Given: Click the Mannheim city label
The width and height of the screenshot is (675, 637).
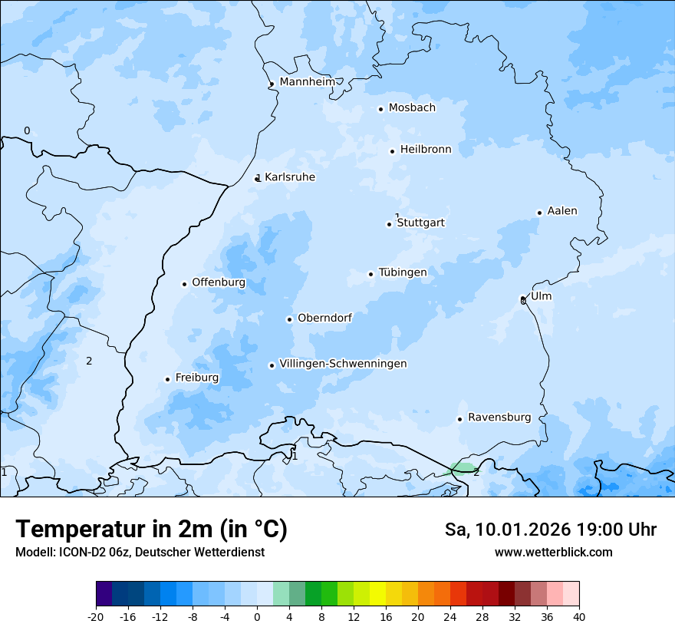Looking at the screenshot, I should [307, 81].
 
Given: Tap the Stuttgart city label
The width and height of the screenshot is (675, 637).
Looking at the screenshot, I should [420, 223].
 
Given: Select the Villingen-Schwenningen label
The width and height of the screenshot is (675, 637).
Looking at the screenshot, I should [343, 364].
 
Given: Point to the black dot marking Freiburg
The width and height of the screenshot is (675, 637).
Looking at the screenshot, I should [167, 379].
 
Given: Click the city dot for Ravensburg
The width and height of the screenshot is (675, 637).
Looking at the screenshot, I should [459, 419].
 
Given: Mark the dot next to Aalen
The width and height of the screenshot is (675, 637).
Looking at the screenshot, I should [539, 213].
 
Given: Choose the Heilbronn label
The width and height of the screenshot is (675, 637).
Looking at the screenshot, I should [426, 150].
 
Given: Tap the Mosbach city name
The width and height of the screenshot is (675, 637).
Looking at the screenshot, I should [412, 108].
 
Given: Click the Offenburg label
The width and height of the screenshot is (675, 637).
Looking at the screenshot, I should [219, 282].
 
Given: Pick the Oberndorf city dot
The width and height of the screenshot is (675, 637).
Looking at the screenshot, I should [289, 319].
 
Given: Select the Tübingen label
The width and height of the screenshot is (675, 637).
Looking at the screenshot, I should [403, 272].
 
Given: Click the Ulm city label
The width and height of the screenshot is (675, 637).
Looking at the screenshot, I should [541, 296].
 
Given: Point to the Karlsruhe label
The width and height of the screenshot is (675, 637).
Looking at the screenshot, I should [289, 177].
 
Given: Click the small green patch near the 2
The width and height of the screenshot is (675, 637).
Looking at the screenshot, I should [463, 467].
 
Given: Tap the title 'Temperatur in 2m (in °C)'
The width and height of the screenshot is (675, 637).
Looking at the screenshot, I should [151, 530].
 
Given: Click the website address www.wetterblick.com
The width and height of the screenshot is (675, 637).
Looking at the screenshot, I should [553, 553].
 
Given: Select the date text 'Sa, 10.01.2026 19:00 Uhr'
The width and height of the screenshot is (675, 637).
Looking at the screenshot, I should [550, 530].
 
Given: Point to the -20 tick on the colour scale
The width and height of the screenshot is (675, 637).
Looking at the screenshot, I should [96, 617].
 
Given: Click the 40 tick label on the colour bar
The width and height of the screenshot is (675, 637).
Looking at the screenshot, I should [579, 617].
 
